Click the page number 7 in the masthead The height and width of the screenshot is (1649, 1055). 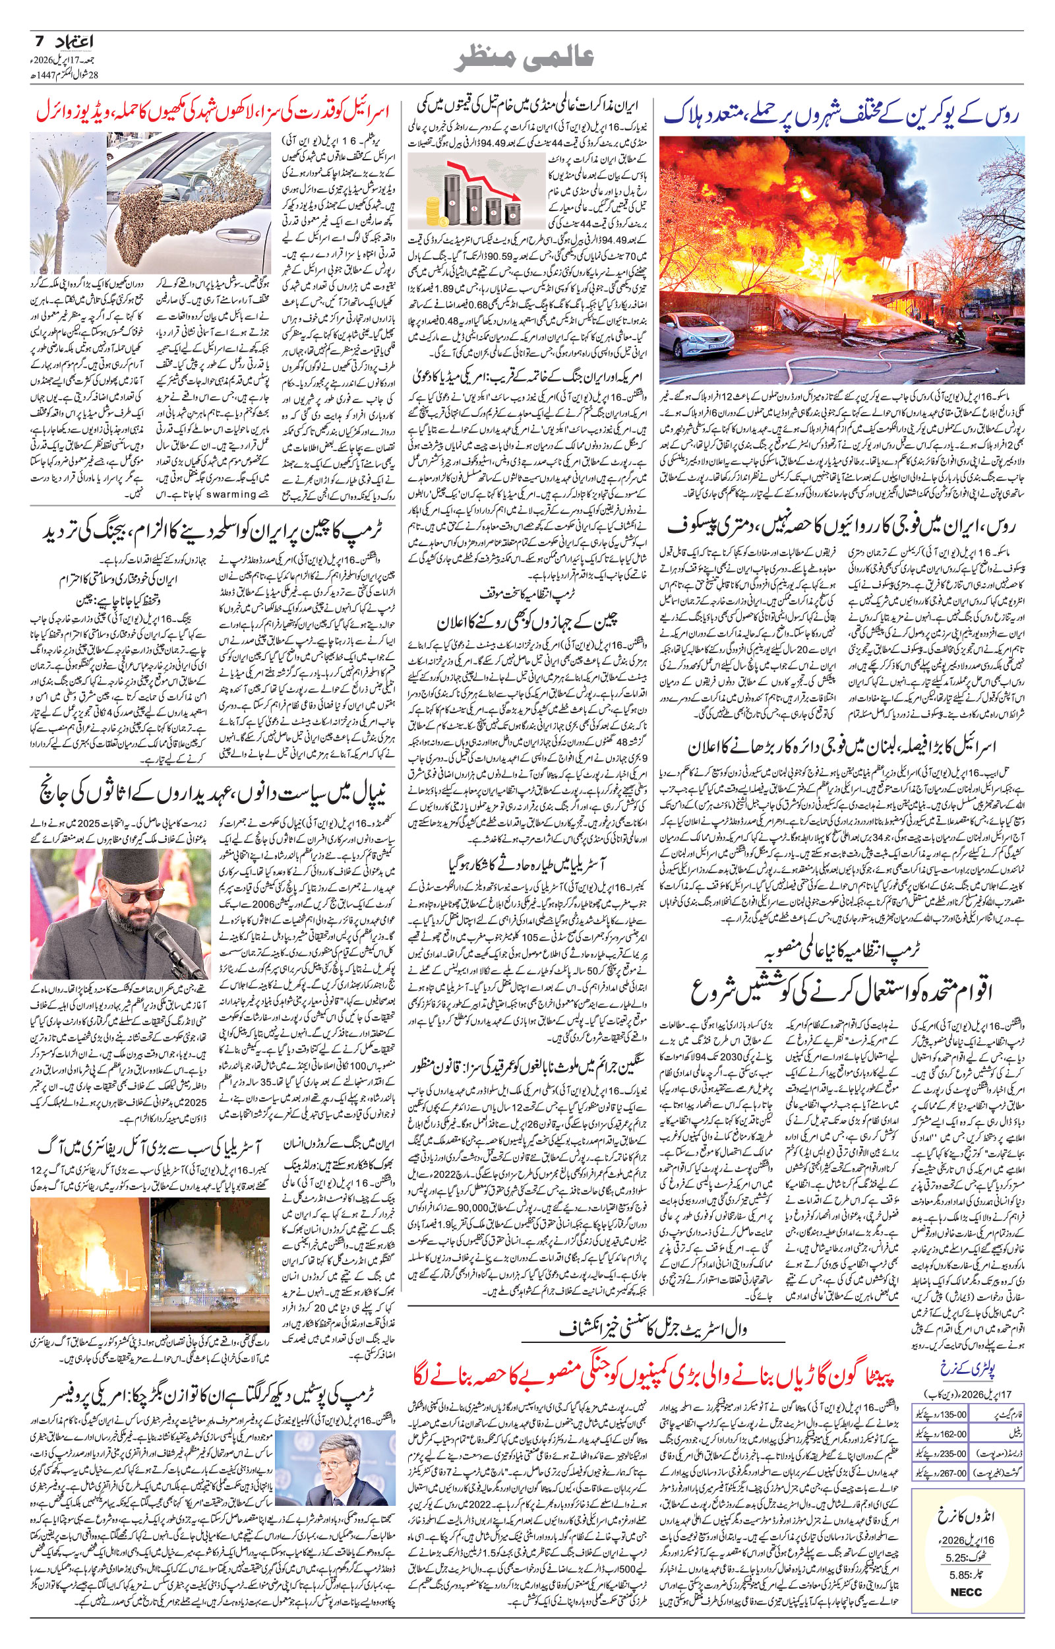(39, 42)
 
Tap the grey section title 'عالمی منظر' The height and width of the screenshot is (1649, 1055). (526, 59)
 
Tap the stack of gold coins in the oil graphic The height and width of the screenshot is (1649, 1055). (434, 208)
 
